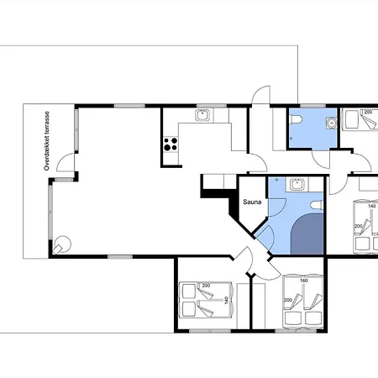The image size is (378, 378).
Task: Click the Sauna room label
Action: click(252, 202)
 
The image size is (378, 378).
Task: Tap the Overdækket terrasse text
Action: click(47, 141)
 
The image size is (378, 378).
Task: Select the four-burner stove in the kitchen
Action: click(171, 144)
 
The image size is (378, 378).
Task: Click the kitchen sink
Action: click(202, 115)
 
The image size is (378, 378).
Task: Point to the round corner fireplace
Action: click(62, 244)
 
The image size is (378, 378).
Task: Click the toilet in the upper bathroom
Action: click(296, 120)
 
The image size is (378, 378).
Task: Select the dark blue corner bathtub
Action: click(307, 234)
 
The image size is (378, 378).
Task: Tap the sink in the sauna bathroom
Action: click(297, 184)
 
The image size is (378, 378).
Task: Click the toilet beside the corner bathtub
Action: click(318, 205)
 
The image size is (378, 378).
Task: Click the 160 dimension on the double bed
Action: click(304, 281)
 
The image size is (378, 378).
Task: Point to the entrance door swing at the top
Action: click(260, 95)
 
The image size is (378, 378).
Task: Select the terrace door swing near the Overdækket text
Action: click(66, 163)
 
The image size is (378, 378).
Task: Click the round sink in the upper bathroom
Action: click(332, 123)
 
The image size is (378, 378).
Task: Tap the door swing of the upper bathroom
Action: click(321, 160)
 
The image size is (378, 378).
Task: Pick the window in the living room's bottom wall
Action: click(120, 256)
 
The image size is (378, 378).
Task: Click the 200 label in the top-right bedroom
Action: click(368, 112)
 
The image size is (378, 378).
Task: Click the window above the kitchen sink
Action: click(211, 106)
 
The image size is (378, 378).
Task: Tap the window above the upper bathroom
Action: click(312, 106)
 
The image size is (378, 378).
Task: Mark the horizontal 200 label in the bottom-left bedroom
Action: click(206, 286)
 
